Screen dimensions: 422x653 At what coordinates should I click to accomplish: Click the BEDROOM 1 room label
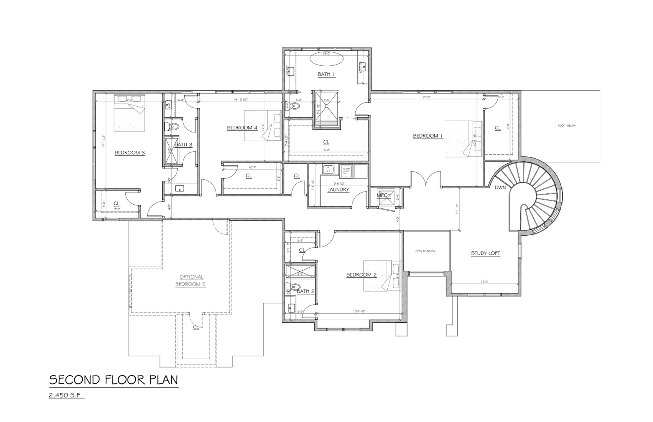[x=428, y=136]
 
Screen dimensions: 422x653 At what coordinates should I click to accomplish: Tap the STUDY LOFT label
[x=485, y=253]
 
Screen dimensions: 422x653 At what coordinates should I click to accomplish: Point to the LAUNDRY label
[x=338, y=190]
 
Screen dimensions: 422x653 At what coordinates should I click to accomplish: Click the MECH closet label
[x=383, y=195]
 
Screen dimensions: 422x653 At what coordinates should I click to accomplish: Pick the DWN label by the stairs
[x=500, y=188]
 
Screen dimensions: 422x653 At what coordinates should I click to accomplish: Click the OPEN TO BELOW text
[x=425, y=251]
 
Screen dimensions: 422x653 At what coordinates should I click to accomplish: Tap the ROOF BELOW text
[x=566, y=125]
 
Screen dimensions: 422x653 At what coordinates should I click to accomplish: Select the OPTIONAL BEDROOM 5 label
[x=191, y=281]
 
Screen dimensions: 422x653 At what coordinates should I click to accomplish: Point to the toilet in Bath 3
[x=173, y=126]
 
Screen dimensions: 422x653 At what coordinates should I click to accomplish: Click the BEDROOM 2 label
[x=361, y=275]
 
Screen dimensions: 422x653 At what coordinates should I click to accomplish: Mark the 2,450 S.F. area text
[x=67, y=395]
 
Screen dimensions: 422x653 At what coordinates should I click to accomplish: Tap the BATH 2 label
[x=305, y=291]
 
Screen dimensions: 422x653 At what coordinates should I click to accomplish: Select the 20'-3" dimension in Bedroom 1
[x=426, y=97]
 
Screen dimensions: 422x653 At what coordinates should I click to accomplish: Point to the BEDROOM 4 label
[x=242, y=128]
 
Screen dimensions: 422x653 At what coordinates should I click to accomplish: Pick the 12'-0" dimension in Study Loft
[x=486, y=282]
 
